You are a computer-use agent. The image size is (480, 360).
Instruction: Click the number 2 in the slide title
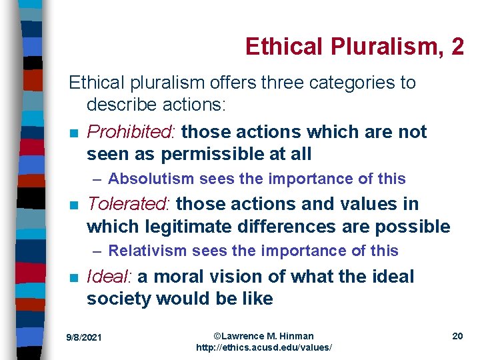click(x=457, y=47)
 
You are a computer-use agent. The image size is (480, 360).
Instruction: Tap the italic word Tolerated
click(x=129, y=204)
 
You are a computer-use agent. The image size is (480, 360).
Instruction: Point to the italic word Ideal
click(x=109, y=277)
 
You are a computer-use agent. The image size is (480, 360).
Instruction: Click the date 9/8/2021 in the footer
click(x=84, y=338)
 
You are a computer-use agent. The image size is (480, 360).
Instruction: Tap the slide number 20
click(x=457, y=336)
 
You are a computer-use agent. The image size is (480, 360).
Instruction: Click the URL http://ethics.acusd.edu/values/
click(x=263, y=348)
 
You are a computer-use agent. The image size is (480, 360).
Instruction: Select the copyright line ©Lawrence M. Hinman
click(x=263, y=336)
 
